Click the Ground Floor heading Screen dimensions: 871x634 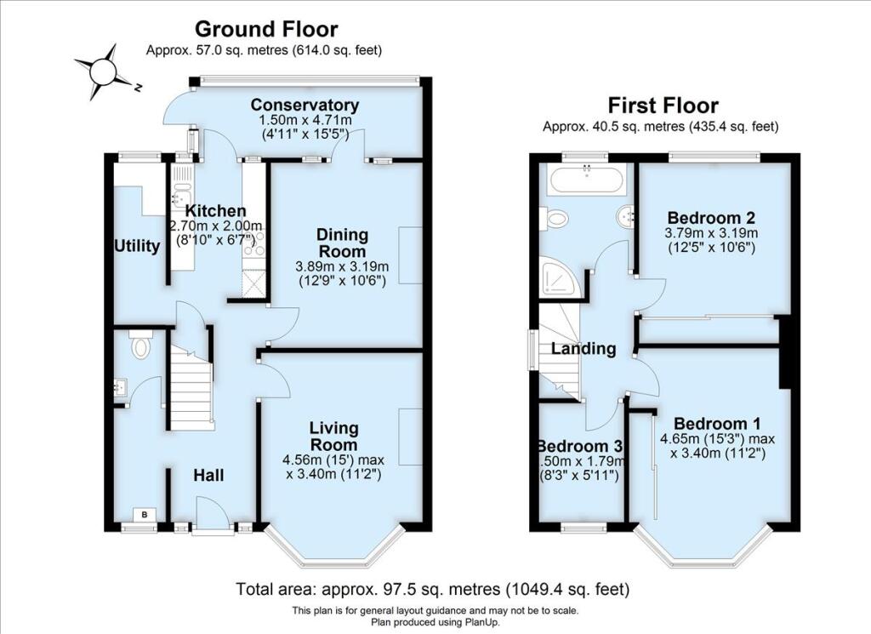pos(266,29)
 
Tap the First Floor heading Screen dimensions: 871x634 pos(663,105)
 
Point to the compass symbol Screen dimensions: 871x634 pos(104,72)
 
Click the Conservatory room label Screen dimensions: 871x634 pos(305,105)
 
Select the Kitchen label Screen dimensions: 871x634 pos(215,211)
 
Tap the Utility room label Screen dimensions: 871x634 pos(137,246)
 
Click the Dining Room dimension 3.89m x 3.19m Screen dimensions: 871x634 pos(342,266)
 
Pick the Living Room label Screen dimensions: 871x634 pos(333,437)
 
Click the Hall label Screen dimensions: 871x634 pos(209,475)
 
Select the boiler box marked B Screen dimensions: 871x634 pos(145,515)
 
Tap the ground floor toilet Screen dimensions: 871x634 pos(140,344)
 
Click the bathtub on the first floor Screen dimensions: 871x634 pos(587,179)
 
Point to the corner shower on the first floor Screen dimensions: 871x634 pos(560,277)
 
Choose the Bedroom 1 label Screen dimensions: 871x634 pos(717,424)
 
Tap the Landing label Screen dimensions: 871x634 pos(584,348)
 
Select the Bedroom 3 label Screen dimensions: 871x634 pos(581,446)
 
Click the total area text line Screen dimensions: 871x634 pos(433,588)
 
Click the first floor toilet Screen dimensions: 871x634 pos(556,218)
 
